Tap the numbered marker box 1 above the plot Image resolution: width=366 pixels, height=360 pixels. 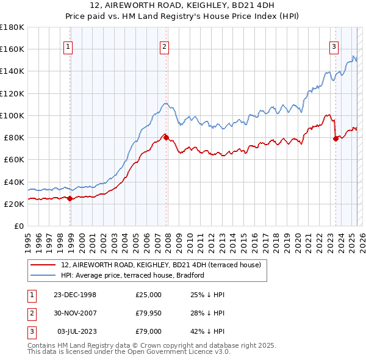coord(69,46)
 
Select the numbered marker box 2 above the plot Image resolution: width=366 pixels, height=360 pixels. coord(165,46)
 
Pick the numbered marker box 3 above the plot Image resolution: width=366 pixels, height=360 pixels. coord(334,46)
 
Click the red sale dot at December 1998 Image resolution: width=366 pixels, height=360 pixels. coord(70,198)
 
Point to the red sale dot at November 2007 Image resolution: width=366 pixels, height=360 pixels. coord(166,137)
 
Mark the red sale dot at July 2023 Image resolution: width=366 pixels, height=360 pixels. coord(335,139)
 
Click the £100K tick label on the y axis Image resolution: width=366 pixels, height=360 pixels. coord(13,115)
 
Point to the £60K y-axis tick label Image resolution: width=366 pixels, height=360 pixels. coord(15,160)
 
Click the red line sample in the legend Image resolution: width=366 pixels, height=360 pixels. coord(43,265)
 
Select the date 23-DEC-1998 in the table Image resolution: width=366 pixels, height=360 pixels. coord(74,295)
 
